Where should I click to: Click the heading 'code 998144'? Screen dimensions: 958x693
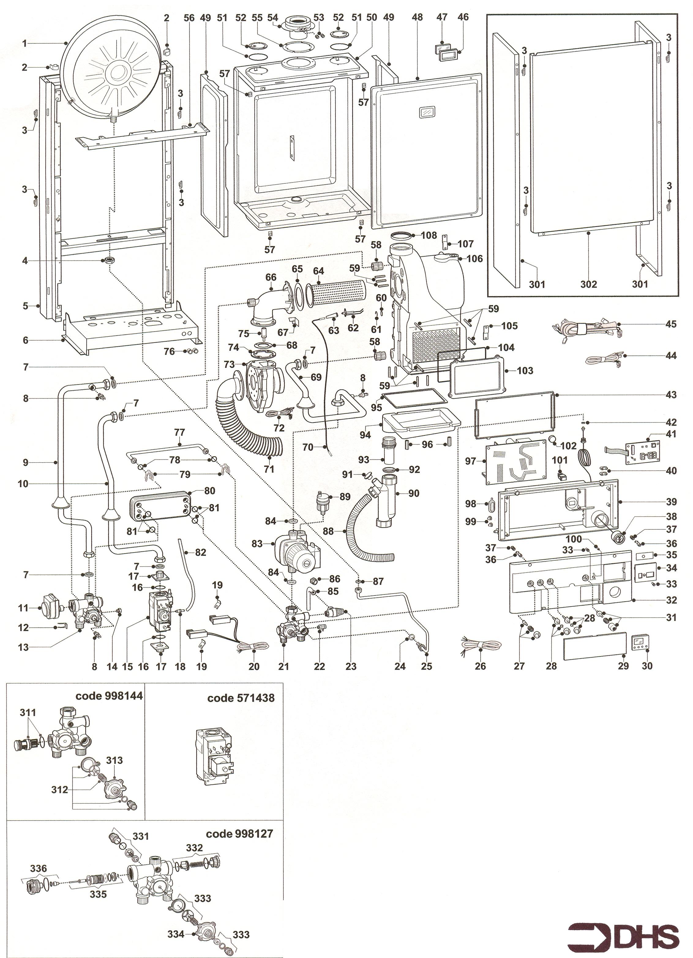point(109,696)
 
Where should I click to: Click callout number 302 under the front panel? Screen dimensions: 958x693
point(588,284)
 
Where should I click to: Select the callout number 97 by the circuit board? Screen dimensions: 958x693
point(470,461)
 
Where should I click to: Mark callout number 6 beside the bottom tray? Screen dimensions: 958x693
point(25,340)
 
